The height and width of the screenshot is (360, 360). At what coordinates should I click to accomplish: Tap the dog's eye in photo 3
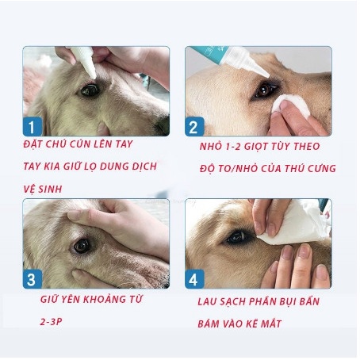pos(82,245)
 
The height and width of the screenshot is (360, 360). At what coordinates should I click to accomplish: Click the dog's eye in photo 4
pos(239,237)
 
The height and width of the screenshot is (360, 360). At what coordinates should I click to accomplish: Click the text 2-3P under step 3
pos(55,324)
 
